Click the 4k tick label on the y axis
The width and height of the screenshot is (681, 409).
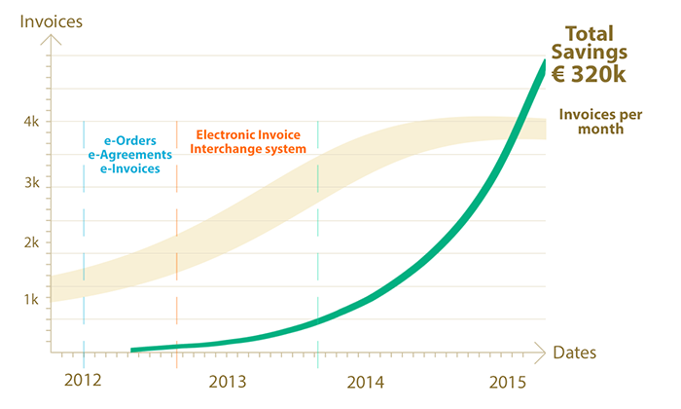(32, 122)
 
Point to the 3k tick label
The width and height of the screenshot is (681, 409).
(32, 182)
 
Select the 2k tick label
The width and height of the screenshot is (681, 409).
(32, 242)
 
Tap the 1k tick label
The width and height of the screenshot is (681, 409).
(32, 300)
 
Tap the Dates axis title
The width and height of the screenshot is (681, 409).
(574, 352)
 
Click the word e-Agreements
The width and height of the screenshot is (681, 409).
(129, 154)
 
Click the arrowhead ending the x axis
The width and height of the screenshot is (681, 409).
(541, 348)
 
